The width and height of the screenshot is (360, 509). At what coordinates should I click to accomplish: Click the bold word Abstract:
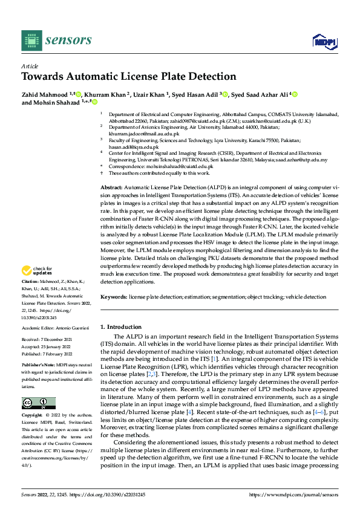111,189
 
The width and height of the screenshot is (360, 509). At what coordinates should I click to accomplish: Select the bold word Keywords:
114,297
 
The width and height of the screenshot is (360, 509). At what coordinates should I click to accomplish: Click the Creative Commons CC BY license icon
38,403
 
